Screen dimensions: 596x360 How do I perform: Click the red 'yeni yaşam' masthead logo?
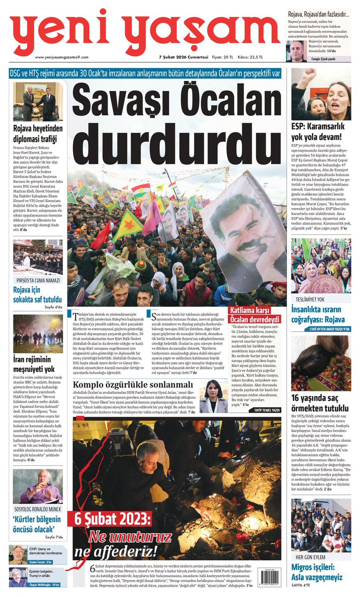click(x=144, y=31)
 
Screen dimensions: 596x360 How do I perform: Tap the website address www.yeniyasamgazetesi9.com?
click(x=62, y=57)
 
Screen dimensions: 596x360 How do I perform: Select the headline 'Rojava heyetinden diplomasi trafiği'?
click(x=38, y=133)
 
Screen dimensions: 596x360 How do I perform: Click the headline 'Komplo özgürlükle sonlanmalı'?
click(x=133, y=384)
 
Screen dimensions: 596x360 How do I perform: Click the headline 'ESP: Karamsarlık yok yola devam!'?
click(x=320, y=132)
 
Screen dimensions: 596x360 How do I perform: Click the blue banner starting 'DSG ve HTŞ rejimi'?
click(x=145, y=73)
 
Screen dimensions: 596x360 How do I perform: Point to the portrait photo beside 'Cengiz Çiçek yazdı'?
click(x=296, y=51)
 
